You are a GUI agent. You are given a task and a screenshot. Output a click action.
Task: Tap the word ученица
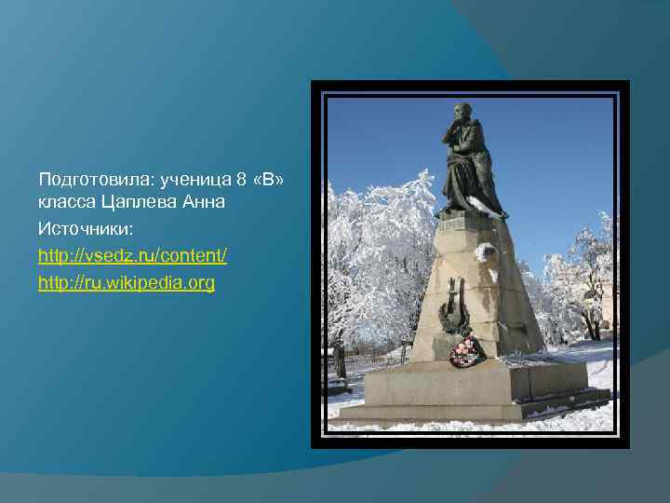(x=197, y=178)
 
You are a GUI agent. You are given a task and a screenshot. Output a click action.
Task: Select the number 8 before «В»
(x=242, y=178)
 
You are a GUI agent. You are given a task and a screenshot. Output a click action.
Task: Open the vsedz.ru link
(x=132, y=254)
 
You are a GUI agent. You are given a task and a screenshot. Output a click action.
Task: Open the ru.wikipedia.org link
(x=126, y=281)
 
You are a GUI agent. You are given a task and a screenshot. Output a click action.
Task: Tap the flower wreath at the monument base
(x=466, y=351)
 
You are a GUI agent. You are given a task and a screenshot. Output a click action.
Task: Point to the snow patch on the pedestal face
(x=486, y=251)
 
